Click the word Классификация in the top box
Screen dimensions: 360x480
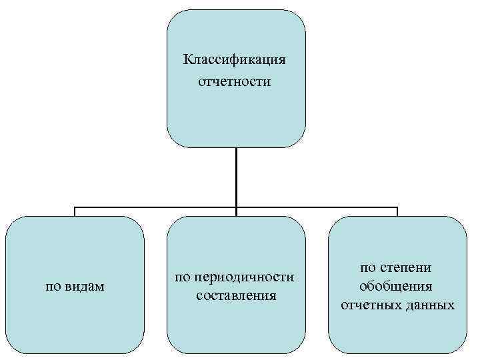point(235,61)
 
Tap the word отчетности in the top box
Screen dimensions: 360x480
point(235,83)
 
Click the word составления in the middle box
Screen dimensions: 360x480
point(236,294)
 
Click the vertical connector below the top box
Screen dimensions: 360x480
point(236,177)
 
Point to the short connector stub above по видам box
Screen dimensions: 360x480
point(75,212)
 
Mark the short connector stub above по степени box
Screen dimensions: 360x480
point(397,212)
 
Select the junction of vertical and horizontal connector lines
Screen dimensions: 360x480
point(236,207)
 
